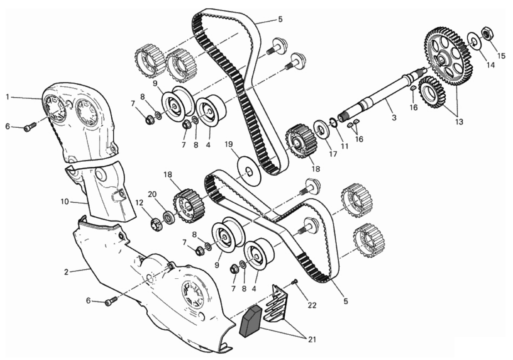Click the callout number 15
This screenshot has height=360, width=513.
[x=501, y=56]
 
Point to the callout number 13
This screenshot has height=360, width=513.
[x=459, y=122]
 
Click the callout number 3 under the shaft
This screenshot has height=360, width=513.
[x=394, y=118]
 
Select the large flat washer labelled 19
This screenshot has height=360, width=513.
[x=249, y=171]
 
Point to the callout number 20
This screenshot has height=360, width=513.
[x=152, y=194]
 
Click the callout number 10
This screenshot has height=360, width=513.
[x=65, y=202]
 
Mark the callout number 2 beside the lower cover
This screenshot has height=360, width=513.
[x=66, y=272]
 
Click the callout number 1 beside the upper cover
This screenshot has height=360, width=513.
[x=7, y=97]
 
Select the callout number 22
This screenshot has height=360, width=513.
[x=312, y=305]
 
